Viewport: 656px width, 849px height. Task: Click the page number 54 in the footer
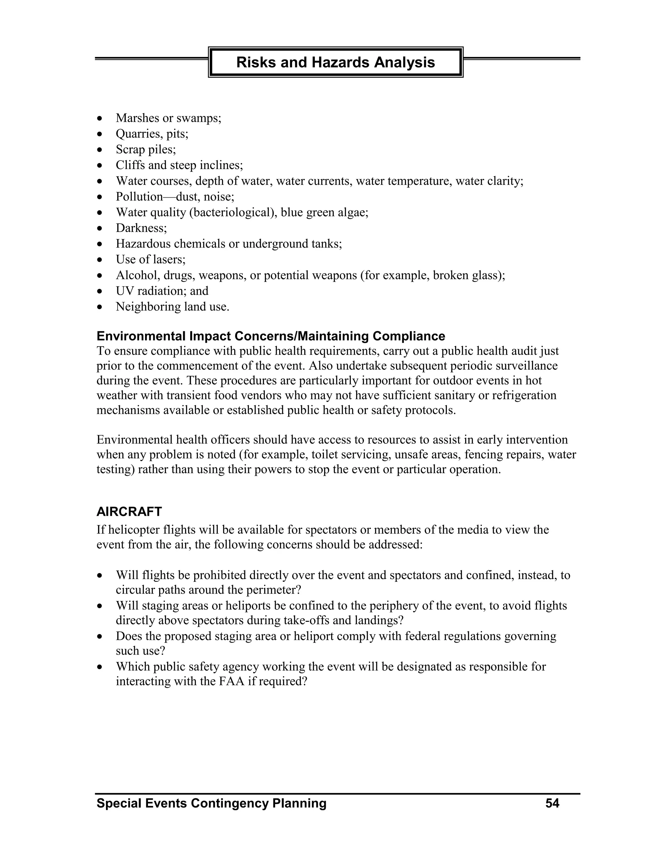(552, 803)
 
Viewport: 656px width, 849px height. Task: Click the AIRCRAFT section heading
(129, 512)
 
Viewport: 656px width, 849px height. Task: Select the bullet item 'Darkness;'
(141, 228)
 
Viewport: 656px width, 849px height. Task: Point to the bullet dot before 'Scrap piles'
(100, 150)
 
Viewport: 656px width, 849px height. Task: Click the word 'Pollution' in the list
(139, 197)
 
